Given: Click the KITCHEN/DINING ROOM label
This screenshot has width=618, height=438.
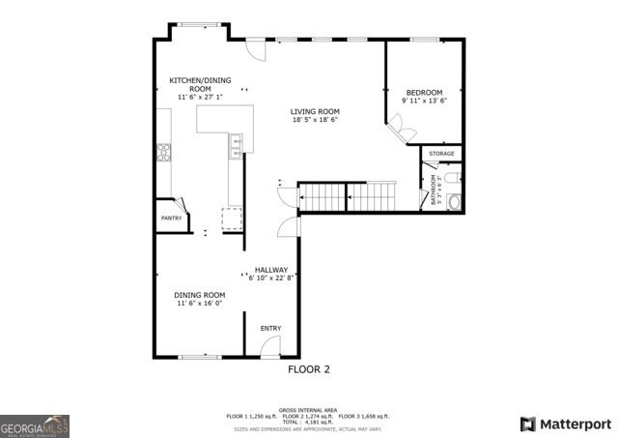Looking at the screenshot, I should tap(200, 84).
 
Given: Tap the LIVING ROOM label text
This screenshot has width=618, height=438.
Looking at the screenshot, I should tap(315, 111).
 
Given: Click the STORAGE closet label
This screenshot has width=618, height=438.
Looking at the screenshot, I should tap(441, 154).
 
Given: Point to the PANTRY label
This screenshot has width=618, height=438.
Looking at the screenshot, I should tap(171, 219).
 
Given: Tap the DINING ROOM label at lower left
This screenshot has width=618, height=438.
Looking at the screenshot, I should tap(199, 295).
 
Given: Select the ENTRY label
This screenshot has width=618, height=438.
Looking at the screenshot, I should tap(270, 329).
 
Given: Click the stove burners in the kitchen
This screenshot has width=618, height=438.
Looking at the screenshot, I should tap(163, 151).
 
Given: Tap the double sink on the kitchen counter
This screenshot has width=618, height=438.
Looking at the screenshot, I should tap(236, 147).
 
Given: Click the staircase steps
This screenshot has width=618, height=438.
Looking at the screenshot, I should tap(348, 197).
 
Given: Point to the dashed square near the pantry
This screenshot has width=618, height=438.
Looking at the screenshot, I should tap(232, 217).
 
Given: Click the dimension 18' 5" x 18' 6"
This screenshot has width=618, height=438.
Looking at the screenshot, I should tap(315, 120).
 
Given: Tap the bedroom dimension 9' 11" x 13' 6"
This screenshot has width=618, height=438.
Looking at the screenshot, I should tap(424, 101).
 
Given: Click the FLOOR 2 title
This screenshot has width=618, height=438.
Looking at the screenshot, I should tap(309, 369).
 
